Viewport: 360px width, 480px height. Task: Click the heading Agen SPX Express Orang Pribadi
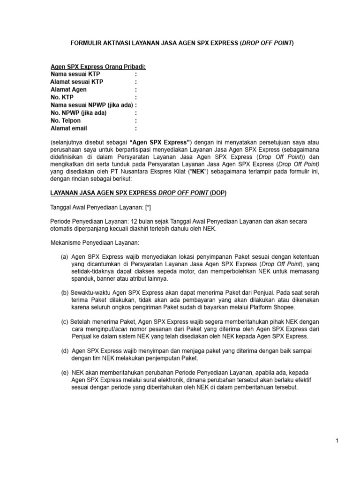pos(98,67)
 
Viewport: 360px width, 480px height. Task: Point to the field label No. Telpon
pos(66,120)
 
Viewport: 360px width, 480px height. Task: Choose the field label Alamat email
pos(69,128)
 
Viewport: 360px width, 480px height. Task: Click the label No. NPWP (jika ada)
pos(78,113)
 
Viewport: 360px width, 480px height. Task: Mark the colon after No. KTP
pos(136,97)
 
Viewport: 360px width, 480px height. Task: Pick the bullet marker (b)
pos(65,292)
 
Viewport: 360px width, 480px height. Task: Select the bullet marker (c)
pos(65,322)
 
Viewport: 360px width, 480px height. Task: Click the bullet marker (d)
pos(65,351)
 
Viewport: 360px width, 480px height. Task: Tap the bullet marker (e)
pos(65,372)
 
